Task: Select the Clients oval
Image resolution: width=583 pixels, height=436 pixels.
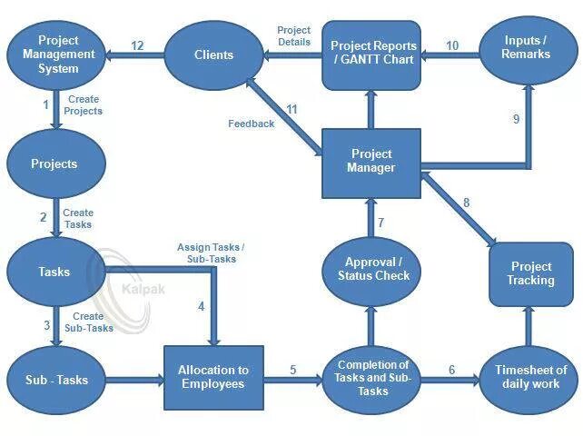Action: click(213, 55)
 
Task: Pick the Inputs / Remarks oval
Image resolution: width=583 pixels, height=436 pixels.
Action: click(525, 48)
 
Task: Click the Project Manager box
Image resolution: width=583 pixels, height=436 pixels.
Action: click(371, 161)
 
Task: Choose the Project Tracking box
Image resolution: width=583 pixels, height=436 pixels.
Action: click(531, 273)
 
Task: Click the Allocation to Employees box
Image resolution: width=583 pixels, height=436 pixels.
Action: click(212, 377)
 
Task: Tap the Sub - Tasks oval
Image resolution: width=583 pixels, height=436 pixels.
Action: click(57, 379)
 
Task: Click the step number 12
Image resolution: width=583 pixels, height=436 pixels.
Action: click(137, 46)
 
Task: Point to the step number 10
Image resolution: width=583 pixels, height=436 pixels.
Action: click(452, 45)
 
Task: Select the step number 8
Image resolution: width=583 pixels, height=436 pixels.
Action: click(467, 203)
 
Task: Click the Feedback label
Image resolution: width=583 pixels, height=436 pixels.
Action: click(251, 124)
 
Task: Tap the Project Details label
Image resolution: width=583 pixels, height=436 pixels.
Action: click(293, 36)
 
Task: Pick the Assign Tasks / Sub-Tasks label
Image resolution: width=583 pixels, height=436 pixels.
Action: click(210, 253)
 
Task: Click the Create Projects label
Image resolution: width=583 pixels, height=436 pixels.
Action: click(84, 105)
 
